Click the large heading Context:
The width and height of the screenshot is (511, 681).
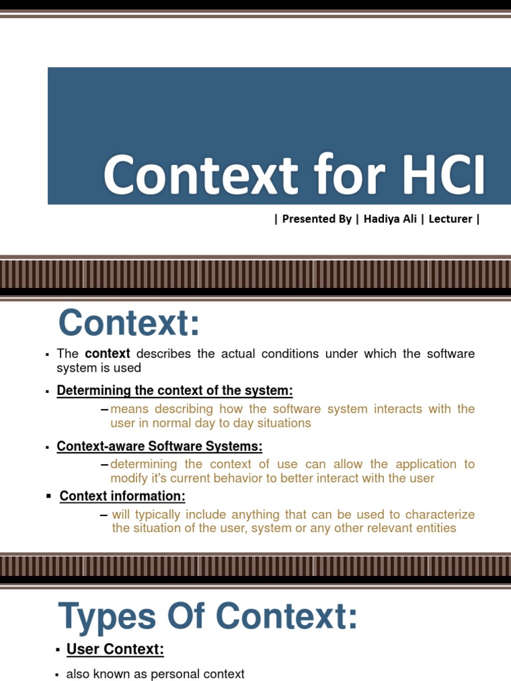129,324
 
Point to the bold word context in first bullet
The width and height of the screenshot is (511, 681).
107,354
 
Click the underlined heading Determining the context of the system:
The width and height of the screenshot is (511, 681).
175,390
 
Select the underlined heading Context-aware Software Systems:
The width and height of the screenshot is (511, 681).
160,446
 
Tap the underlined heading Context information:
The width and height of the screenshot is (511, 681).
122,496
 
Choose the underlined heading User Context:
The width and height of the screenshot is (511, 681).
115,649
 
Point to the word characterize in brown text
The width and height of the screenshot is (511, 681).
441,514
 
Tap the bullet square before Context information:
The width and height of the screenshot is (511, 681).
49,496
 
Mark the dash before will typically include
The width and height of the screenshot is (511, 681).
104,514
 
